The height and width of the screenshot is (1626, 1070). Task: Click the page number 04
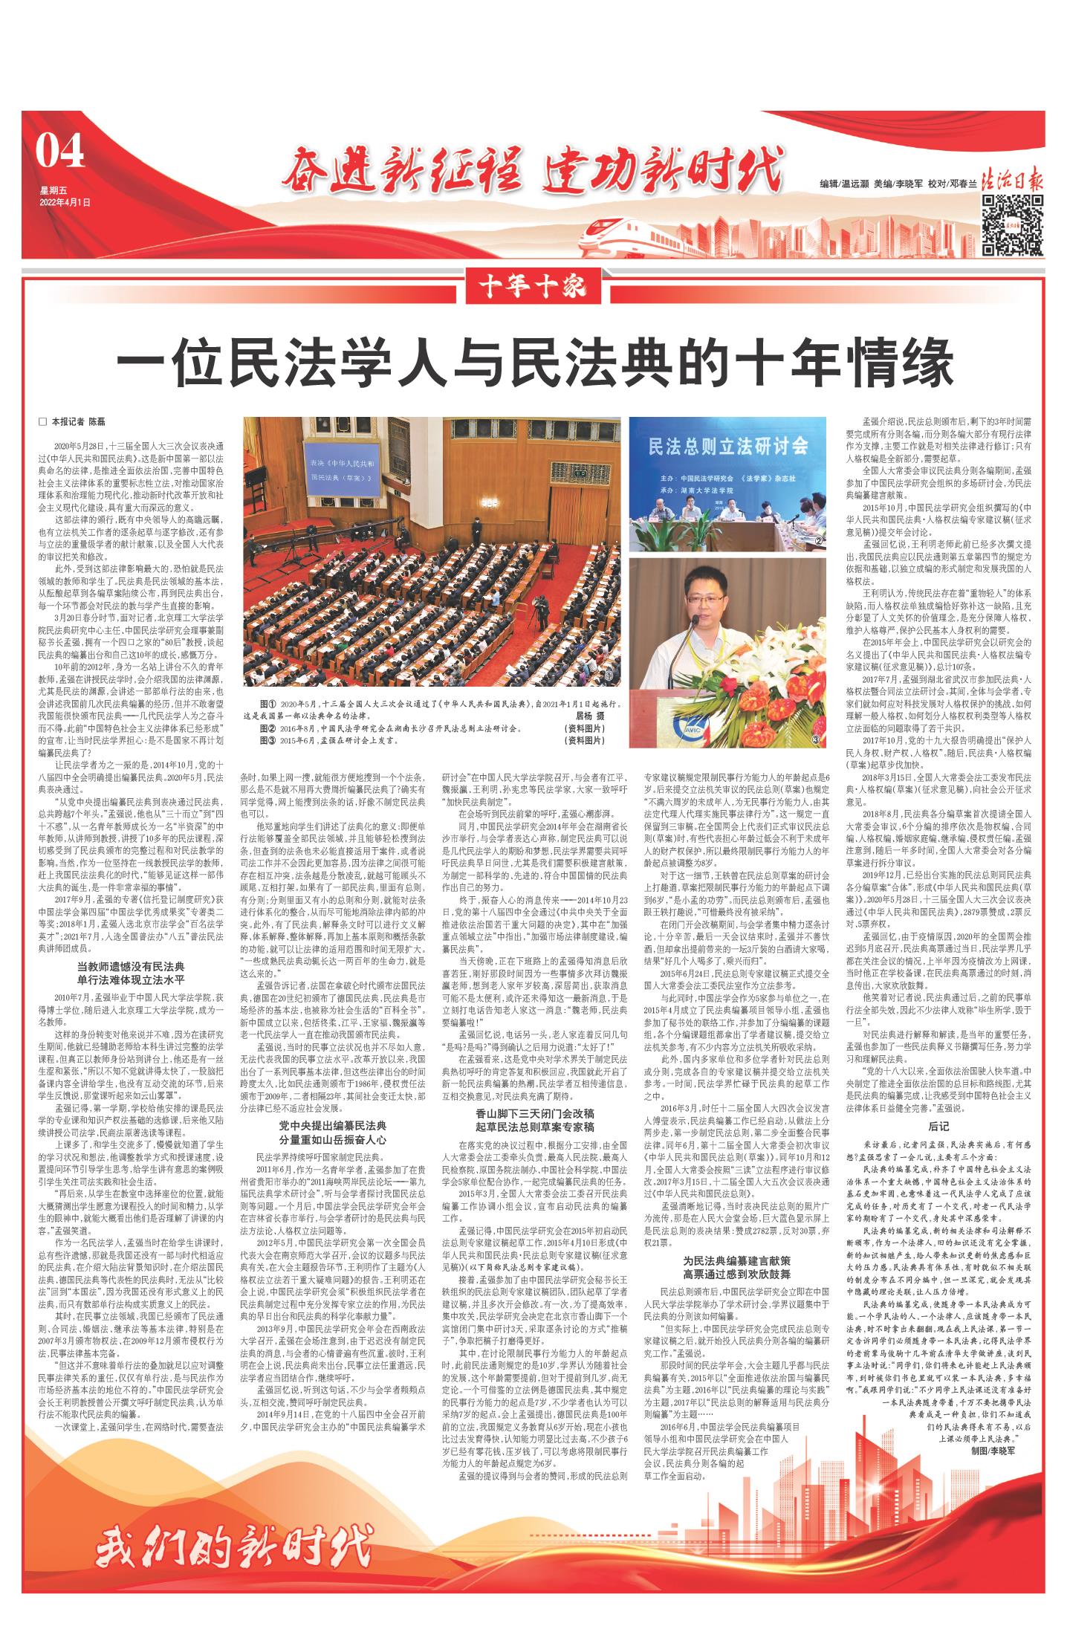pos(60,154)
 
